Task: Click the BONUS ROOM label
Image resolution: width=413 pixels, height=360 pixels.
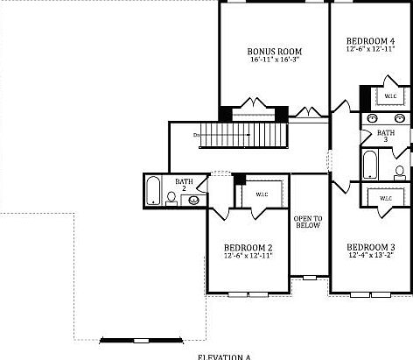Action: [276, 51]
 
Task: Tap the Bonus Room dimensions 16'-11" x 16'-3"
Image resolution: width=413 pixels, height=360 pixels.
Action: [276, 60]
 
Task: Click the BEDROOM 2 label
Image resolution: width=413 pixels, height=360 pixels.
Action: [248, 247]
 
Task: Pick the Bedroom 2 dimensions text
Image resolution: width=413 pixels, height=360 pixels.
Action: [248, 256]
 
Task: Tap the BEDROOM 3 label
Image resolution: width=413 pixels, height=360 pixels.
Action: [371, 246]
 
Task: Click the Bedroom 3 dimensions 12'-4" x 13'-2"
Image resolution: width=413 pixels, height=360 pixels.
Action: [371, 255]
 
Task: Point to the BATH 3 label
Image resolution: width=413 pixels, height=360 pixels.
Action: [386, 136]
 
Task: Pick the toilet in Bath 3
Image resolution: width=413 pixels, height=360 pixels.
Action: [399, 171]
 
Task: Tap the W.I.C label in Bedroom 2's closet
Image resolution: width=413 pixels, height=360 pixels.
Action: [262, 194]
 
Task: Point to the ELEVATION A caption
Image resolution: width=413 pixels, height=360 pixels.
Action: [224, 356]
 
